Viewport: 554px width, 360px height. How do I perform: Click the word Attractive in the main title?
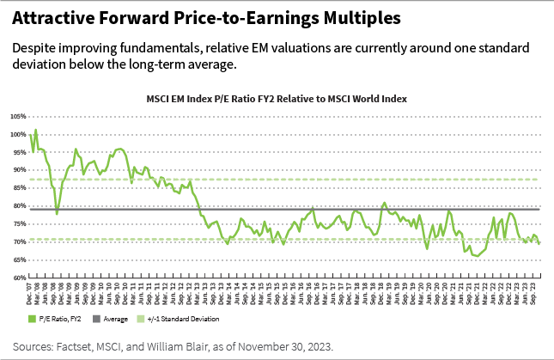[x=52, y=18]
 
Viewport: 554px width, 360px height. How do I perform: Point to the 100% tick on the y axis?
[x=18, y=134]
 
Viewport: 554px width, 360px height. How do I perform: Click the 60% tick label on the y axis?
[x=19, y=278]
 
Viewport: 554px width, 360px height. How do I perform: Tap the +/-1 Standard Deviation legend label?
[x=168, y=318]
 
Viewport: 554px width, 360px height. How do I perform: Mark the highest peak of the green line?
[x=35, y=131]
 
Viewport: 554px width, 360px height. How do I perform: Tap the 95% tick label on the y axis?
[x=19, y=152]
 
